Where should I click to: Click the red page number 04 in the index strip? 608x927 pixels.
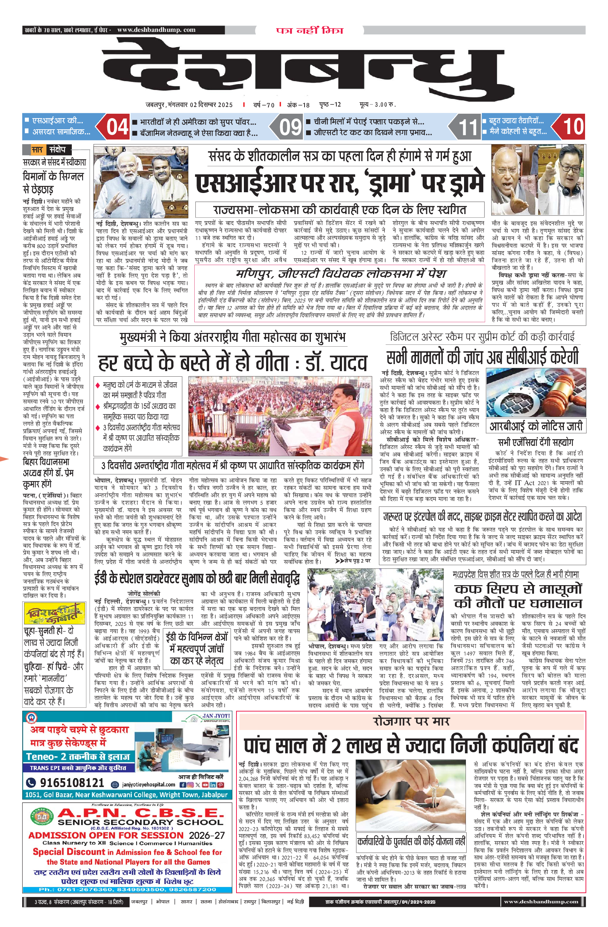coord(117,127)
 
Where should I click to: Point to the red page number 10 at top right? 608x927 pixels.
coord(573,127)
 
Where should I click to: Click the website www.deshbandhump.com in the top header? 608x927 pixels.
coord(156,30)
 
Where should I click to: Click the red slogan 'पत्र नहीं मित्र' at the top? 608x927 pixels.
coord(309,30)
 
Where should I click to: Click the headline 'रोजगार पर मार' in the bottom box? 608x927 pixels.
coord(411,721)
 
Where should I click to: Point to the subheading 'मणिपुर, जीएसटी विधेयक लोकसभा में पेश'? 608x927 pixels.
coord(340,274)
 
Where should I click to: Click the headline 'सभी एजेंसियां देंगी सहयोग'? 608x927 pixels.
coord(535,442)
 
